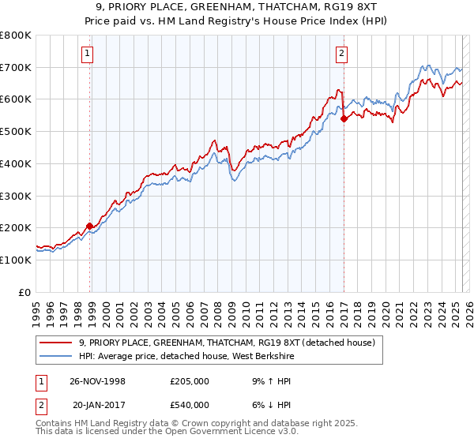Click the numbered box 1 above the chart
tap(86, 54)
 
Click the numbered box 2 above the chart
tap(341, 54)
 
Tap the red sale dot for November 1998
tap(89, 226)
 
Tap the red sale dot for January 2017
tap(344, 119)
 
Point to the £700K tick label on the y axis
tap(16, 67)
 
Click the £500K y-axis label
tap(16, 132)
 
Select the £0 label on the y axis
tap(25, 292)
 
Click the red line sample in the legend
tap(57, 342)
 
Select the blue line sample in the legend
tap(57, 356)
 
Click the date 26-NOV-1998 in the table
tap(98, 380)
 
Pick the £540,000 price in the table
tap(190, 404)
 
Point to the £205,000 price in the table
tap(190, 380)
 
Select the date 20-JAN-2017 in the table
tap(99, 404)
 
